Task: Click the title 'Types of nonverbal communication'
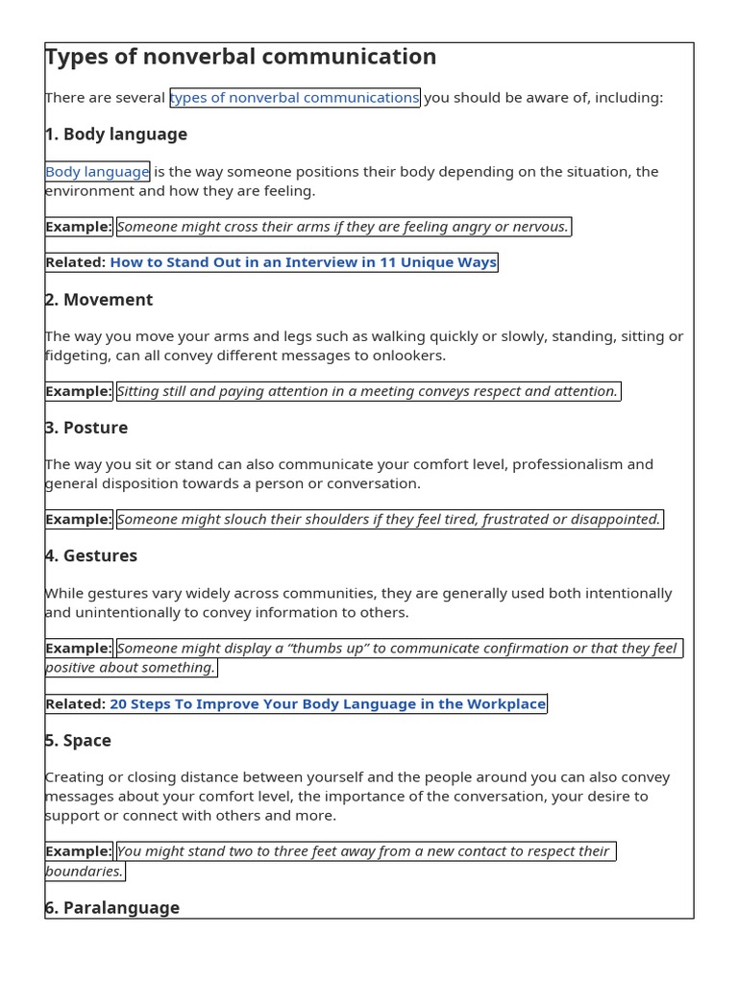point(241,58)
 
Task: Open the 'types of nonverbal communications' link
point(295,98)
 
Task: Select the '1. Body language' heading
point(116,135)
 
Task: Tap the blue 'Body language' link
point(97,172)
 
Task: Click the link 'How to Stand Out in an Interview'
point(304,262)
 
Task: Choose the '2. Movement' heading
point(99,300)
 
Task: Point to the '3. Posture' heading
point(86,428)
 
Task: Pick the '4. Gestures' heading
point(91,555)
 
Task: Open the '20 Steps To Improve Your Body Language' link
point(328,704)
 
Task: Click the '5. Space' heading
point(78,741)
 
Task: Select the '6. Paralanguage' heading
point(112,908)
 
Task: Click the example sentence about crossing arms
point(343,227)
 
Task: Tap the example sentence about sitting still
point(368,391)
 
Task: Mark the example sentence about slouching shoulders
point(389,520)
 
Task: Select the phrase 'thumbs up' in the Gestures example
point(334,649)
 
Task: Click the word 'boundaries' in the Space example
point(85,872)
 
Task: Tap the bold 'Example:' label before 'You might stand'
point(79,851)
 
